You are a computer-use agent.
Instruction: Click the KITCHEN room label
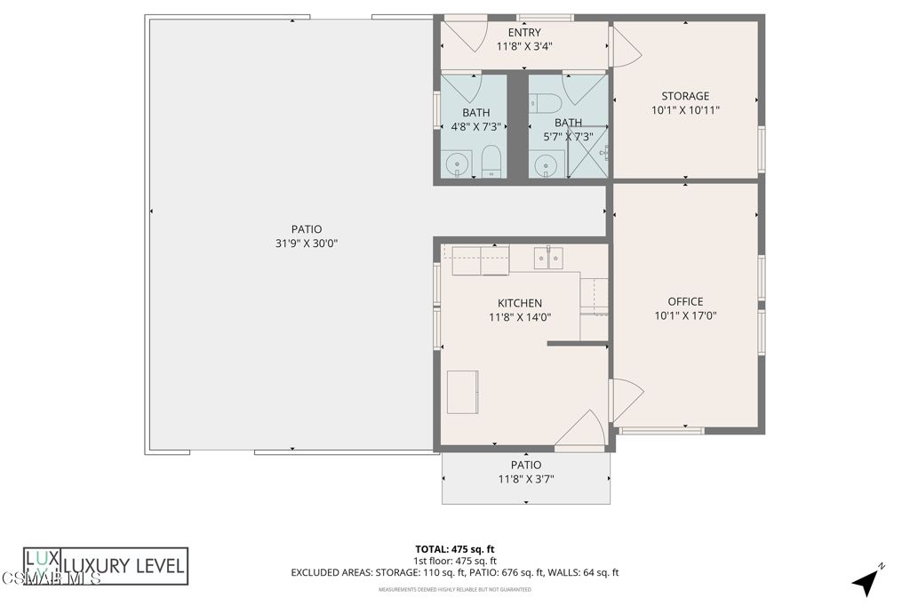[520, 303]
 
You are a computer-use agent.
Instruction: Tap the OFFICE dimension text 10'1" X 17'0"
[685, 315]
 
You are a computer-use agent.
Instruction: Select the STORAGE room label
[685, 96]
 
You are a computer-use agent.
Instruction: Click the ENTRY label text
[524, 33]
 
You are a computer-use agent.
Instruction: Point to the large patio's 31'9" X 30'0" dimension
[307, 243]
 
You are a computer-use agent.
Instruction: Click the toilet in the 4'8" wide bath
[491, 162]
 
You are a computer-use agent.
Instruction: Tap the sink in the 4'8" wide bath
[458, 163]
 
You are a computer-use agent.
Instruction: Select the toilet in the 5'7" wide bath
[545, 100]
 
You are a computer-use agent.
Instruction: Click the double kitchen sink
[548, 259]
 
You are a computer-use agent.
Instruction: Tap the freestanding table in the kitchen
[462, 392]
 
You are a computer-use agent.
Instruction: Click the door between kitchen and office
[625, 399]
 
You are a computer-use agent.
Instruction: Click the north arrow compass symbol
[866, 581]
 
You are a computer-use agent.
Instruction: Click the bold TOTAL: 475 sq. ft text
[454, 548]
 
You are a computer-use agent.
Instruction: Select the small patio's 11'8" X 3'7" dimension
[526, 480]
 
